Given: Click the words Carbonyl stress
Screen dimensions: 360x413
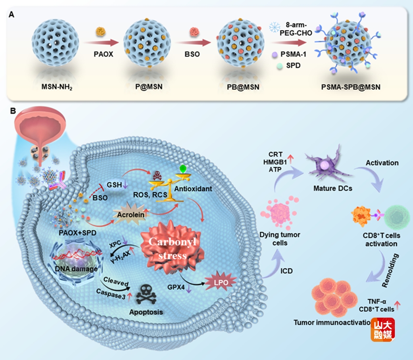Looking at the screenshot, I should coord(170,247).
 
